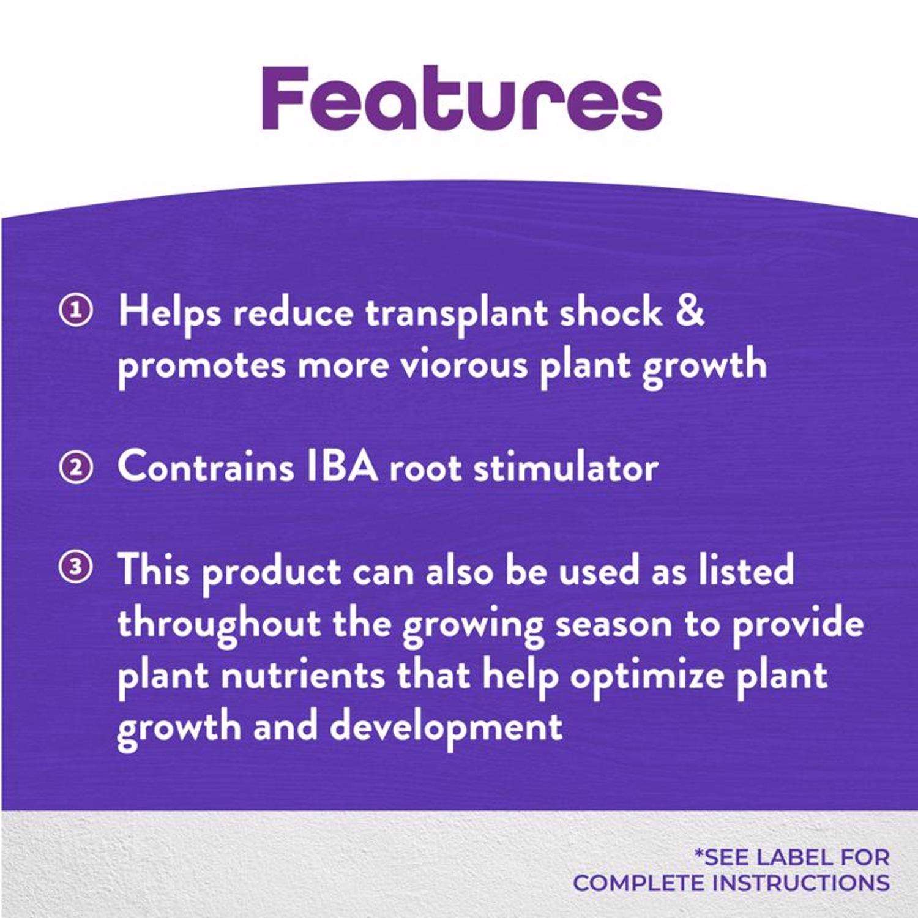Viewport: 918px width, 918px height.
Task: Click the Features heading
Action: coord(462,98)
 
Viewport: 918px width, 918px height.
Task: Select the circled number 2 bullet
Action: coord(75,468)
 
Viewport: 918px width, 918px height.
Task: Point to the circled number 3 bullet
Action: coord(75,567)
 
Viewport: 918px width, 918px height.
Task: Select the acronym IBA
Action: coord(340,468)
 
